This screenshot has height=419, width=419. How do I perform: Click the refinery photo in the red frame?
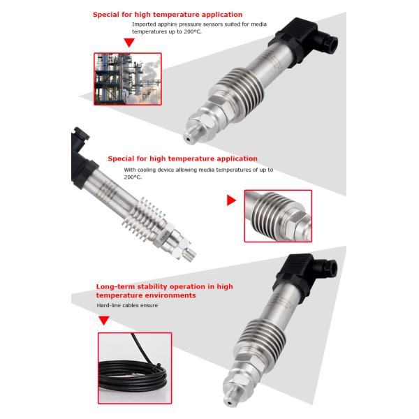point(128,79)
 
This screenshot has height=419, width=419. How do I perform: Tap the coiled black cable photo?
point(135,368)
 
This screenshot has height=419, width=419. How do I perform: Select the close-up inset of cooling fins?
point(278,216)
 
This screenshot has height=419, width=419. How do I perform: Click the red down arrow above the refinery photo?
point(129,43)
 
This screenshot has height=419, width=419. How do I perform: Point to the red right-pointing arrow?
point(231,200)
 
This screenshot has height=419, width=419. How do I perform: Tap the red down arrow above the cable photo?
point(104,321)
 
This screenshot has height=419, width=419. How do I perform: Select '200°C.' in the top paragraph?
point(193,31)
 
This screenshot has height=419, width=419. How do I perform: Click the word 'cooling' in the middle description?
point(146,170)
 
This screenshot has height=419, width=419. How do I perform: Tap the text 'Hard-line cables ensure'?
point(127,305)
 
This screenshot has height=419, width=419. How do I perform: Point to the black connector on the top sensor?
point(303,40)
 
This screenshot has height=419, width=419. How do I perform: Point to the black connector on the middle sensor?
point(81,158)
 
